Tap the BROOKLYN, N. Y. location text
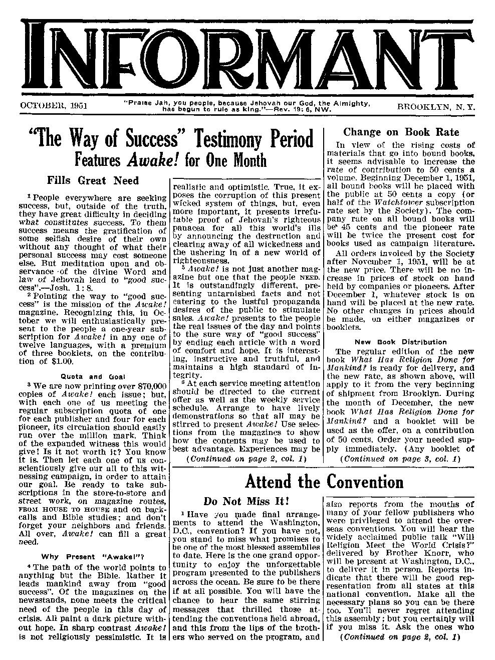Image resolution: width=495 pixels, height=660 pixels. (436, 107)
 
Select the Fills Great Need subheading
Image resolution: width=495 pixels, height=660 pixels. (93, 180)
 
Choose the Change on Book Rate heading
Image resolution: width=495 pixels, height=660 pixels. (400, 132)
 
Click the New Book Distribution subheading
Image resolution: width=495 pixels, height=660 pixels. (400, 342)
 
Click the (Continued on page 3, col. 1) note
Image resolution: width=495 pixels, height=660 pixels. (400, 459)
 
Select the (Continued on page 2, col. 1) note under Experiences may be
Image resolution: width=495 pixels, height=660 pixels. (245, 459)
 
